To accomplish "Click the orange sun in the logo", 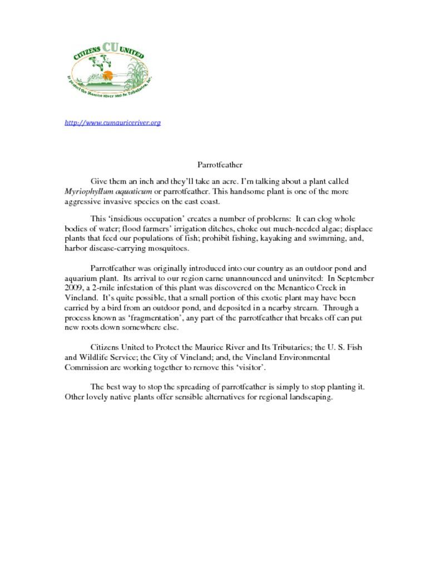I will point(108,75).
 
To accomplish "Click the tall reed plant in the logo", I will point(136,72).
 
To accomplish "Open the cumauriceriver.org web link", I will point(113,122).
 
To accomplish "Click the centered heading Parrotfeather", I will point(220,164).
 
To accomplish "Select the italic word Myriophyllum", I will point(89,191).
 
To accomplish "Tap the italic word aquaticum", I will point(134,191).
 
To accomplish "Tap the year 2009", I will point(73,288).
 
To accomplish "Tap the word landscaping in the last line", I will point(309,397).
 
